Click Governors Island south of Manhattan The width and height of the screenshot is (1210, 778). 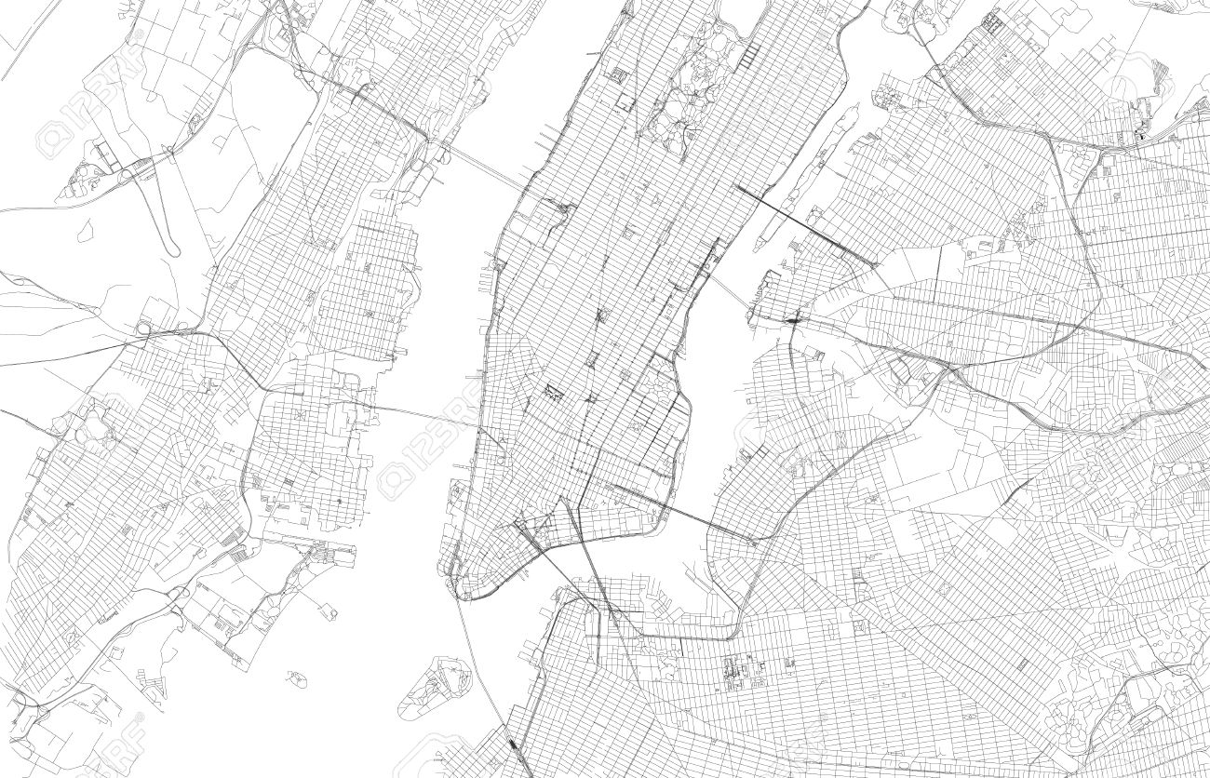(x=432, y=687)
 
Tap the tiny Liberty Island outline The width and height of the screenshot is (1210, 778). (x=297, y=677)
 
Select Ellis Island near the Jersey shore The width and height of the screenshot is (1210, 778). (x=328, y=610)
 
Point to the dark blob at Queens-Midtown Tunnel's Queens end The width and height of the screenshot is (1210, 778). (x=794, y=319)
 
